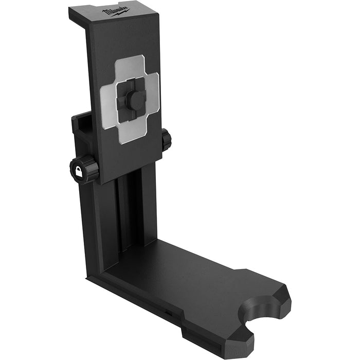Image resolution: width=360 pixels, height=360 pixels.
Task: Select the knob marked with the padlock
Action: coord(84,170)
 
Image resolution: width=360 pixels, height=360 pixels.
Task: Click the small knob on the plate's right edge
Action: coord(166,140)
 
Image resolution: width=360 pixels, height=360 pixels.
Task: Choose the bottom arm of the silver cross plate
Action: coord(131,135)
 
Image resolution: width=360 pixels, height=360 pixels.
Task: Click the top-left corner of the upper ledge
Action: coord(70,9)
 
